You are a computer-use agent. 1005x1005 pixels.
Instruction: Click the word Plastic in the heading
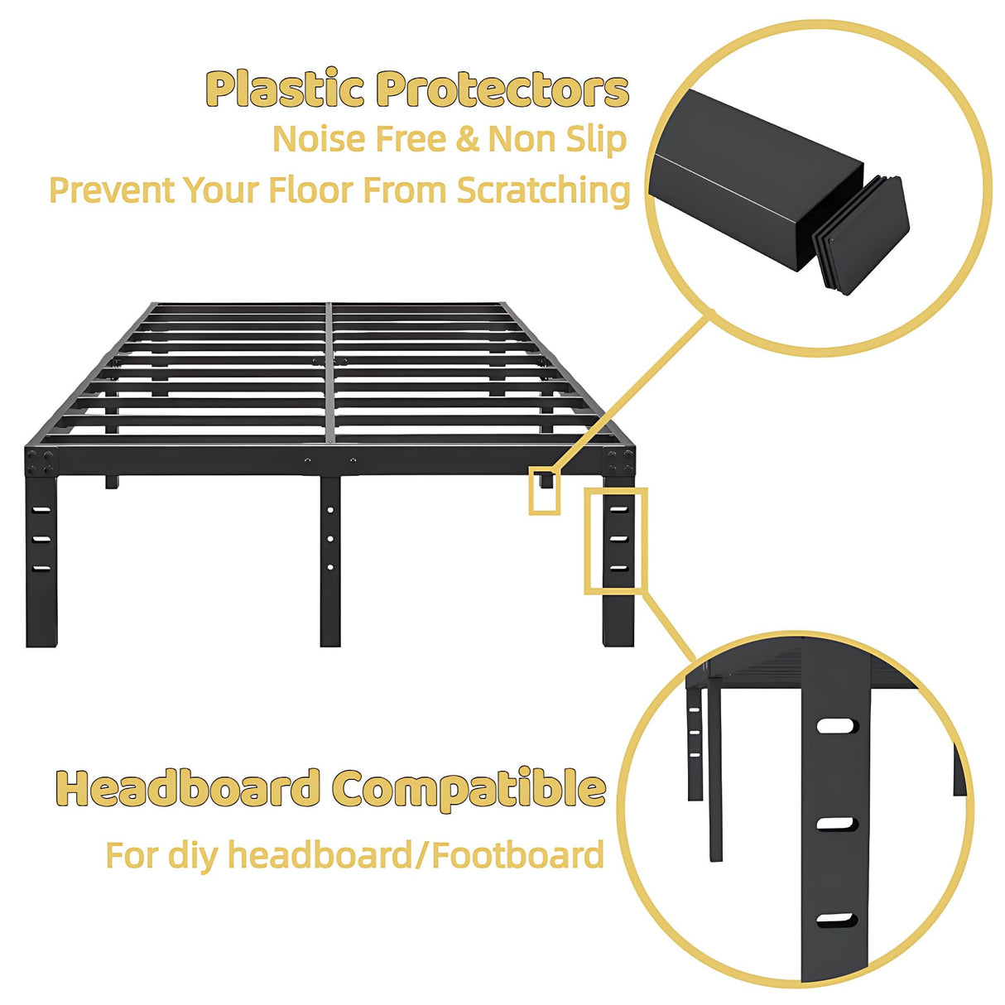(284, 89)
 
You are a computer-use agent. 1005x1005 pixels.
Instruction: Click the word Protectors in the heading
(502, 89)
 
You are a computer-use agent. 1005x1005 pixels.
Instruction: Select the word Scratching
(543, 190)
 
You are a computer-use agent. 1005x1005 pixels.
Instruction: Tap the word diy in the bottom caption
(195, 854)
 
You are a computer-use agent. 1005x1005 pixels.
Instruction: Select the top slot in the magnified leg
(836, 726)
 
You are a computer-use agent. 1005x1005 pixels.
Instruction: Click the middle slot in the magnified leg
(836, 824)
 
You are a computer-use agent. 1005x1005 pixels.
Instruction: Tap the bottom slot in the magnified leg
(836, 920)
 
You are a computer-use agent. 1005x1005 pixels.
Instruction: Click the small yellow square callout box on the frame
(544, 493)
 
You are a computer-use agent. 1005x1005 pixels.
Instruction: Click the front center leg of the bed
(330, 563)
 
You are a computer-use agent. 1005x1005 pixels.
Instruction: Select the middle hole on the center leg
(330, 539)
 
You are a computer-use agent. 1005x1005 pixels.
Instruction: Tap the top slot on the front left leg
(41, 510)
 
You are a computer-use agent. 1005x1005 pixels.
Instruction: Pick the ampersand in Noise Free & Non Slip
(468, 139)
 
